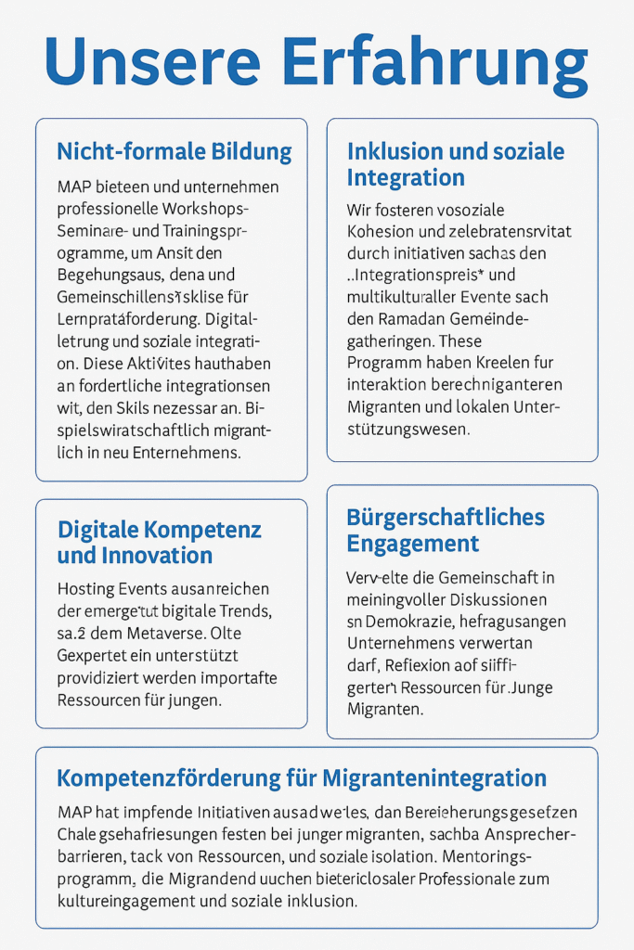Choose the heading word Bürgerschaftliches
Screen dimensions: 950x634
click(x=445, y=518)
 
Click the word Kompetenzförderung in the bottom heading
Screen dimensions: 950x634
click(x=186, y=777)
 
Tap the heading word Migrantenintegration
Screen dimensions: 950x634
click(x=434, y=777)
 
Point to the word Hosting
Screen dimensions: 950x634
click(x=87, y=589)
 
